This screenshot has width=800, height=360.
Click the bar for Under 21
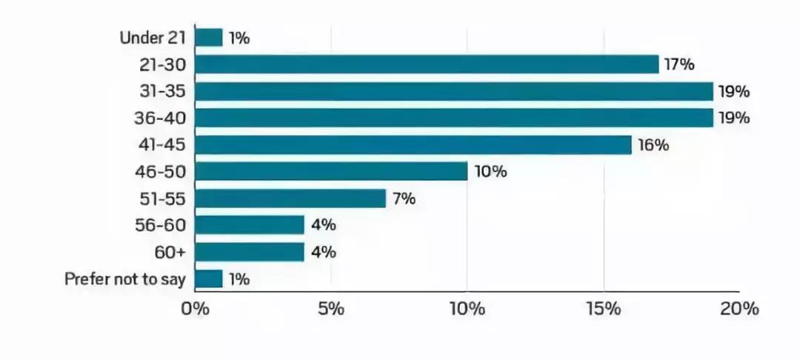click(x=209, y=38)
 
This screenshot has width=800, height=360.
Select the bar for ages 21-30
click(x=427, y=64)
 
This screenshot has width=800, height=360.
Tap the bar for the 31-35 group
click(x=453, y=92)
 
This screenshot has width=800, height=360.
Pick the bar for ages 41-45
click(x=413, y=145)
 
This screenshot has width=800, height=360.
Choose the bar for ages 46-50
click(x=331, y=172)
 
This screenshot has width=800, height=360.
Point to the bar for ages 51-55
click(x=290, y=199)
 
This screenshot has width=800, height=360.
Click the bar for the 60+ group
click(x=250, y=252)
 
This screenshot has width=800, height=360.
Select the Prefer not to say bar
click(x=209, y=279)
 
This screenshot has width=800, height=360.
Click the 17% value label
click(x=679, y=64)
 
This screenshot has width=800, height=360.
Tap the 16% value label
click(x=652, y=145)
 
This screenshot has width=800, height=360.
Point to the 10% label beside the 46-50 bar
click(x=489, y=172)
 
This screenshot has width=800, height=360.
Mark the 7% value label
click(x=404, y=199)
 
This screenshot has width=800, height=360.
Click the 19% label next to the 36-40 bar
click(x=734, y=118)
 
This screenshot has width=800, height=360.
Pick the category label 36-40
click(x=163, y=118)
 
